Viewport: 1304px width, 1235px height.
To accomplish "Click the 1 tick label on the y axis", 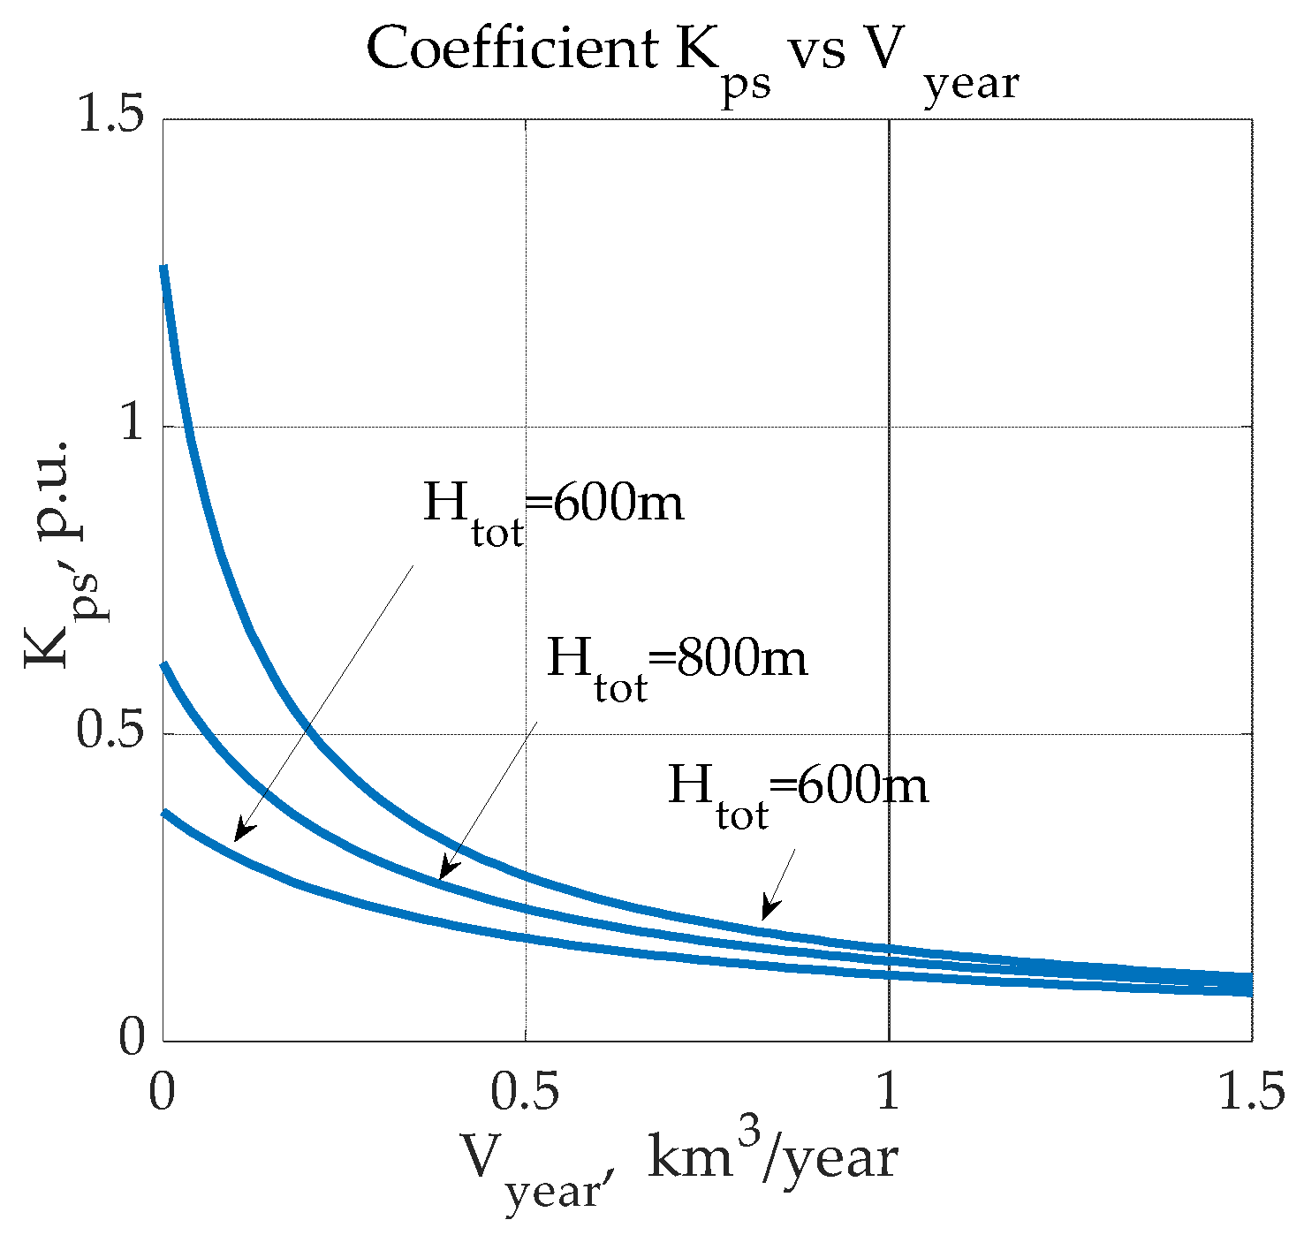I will [132, 425].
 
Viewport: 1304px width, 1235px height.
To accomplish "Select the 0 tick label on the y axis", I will [132, 1039].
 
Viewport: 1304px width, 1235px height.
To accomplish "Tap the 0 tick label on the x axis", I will [162, 1092].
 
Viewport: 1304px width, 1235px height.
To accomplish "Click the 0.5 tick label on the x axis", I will [526, 1092].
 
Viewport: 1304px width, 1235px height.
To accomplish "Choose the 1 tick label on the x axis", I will [888, 1092].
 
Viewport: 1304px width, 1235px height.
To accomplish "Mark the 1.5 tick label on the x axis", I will [1251, 1092].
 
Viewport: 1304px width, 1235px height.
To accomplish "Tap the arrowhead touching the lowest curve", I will [239, 835].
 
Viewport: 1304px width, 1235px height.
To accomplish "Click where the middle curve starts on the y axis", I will [163, 664].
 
